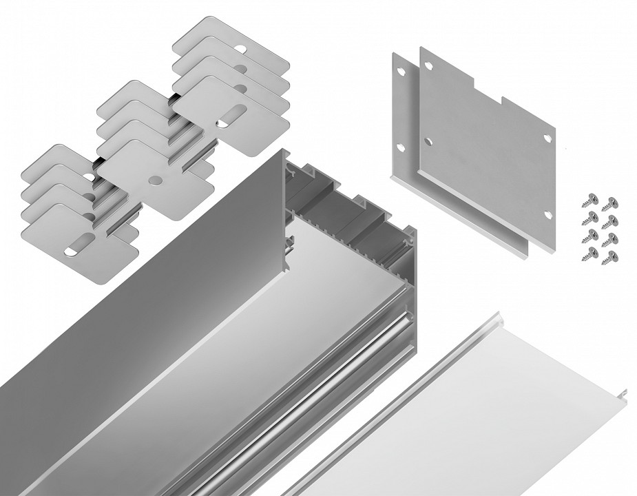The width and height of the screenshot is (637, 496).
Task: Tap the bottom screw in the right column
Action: (612, 256)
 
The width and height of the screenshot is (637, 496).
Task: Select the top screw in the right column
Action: (610, 202)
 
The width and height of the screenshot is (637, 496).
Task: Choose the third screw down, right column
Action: (612, 238)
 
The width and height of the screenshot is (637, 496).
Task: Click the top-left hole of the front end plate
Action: (428, 66)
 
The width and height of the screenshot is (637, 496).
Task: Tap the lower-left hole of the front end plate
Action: (428, 142)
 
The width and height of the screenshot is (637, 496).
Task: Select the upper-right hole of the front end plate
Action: (547, 138)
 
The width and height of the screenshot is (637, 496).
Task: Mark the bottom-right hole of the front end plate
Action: (547, 214)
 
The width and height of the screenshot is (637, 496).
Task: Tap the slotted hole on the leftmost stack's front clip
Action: (81, 242)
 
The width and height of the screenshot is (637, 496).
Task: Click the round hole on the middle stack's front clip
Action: (154, 180)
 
